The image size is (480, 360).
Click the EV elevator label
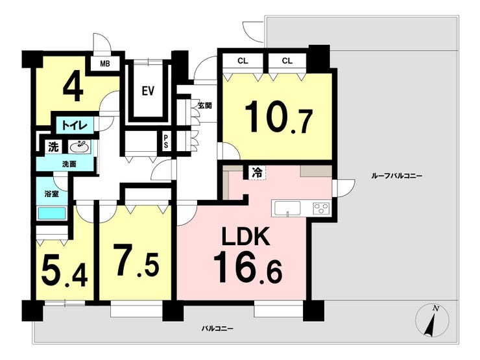148,91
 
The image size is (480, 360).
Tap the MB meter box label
105,64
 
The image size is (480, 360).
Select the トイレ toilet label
75,125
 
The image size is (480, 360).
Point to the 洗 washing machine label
53,147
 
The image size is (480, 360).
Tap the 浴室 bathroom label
51,194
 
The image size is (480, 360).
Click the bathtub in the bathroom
51,213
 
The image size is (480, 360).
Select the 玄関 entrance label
204,106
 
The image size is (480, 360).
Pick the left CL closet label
243,61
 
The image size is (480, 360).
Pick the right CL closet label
287,61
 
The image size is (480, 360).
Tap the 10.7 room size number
278,118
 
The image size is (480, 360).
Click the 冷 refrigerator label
257,173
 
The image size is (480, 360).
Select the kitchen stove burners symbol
321,208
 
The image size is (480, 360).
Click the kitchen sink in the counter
287,208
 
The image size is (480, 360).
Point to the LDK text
246,236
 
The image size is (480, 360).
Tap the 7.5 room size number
137,261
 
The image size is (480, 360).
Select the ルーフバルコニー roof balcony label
396,176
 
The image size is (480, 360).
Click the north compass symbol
432,320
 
